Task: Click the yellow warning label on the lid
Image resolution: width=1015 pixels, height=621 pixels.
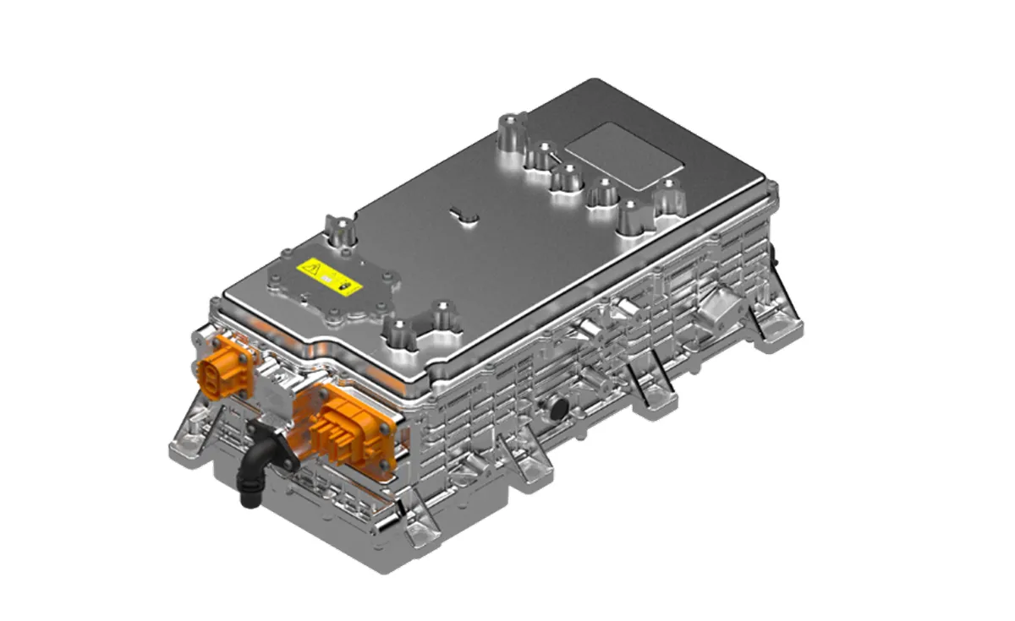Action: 330,275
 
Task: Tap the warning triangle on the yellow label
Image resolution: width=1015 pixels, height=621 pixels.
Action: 312,270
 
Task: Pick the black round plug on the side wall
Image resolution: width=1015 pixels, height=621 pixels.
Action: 559,409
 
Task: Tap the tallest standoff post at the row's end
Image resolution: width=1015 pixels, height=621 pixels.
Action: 511,134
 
